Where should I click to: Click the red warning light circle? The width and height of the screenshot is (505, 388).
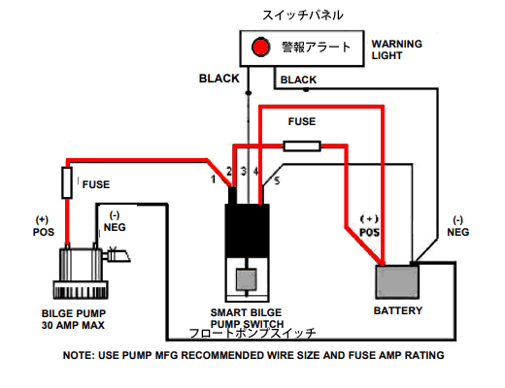pyautogui.click(x=261, y=48)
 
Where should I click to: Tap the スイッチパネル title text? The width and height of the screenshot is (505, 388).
pyautogui.click(x=302, y=16)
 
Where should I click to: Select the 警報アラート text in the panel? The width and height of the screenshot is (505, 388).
pyautogui.click(x=316, y=48)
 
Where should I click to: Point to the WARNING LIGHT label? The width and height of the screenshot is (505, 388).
pyautogui.click(x=397, y=49)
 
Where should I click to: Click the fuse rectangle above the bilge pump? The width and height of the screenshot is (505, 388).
pyautogui.click(x=67, y=182)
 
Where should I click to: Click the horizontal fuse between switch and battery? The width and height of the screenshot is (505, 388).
pyautogui.click(x=302, y=145)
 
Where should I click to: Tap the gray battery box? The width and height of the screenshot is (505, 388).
pyautogui.click(x=397, y=282)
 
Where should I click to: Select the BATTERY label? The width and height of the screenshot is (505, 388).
pyautogui.click(x=398, y=310)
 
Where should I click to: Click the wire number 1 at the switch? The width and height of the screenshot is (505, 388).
pyautogui.click(x=213, y=178)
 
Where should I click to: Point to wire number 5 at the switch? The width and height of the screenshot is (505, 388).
pyautogui.click(x=277, y=180)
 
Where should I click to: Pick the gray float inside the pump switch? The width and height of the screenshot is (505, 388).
pyautogui.click(x=247, y=279)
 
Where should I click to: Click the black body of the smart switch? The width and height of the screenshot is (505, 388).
pyautogui.click(x=248, y=231)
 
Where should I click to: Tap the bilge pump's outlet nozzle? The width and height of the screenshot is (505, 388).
pyautogui.click(x=118, y=256)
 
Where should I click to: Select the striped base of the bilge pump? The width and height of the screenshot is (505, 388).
pyautogui.click(x=81, y=290)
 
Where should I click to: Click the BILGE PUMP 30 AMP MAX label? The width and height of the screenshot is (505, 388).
pyautogui.click(x=74, y=319)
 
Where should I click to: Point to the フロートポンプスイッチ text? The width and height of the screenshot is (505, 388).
pyautogui.click(x=252, y=334)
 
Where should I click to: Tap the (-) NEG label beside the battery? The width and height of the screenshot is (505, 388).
pyautogui.click(x=458, y=226)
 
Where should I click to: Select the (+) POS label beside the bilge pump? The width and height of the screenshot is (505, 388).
pyautogui.click(x=44, y=226)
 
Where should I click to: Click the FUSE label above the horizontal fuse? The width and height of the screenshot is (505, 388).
pyautogui.click(x=302, y=121)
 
